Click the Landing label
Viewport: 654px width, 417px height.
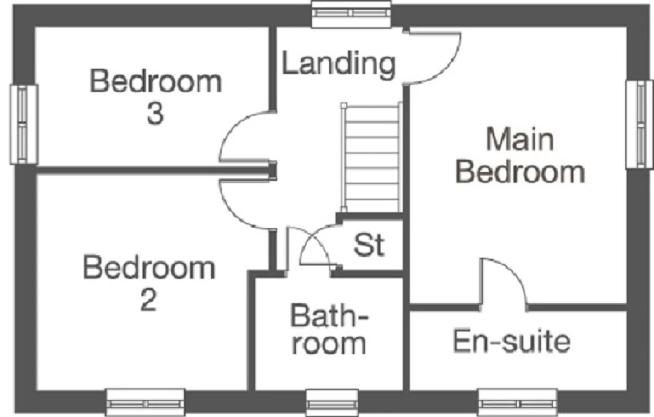click(338, 65)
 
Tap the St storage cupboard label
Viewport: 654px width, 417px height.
click(369, 245)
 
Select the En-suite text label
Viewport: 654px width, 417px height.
click(512, 341)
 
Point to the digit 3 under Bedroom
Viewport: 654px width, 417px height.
click(155, 114)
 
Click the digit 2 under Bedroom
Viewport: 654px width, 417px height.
click(149, 300)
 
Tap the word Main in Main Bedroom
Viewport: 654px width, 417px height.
click(520, 139)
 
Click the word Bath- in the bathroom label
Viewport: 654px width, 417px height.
click(330, 316)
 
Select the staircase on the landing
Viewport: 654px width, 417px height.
click(371, 157)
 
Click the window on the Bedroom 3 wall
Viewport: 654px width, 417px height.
click(23, 124)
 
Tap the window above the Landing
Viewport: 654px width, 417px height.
click(352, 14)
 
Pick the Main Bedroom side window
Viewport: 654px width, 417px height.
click(639, 124)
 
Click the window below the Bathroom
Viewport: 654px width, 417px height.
click(332, 403)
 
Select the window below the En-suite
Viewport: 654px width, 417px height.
click(517, 403)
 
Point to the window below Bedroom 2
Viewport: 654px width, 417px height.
click(145, 403)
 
